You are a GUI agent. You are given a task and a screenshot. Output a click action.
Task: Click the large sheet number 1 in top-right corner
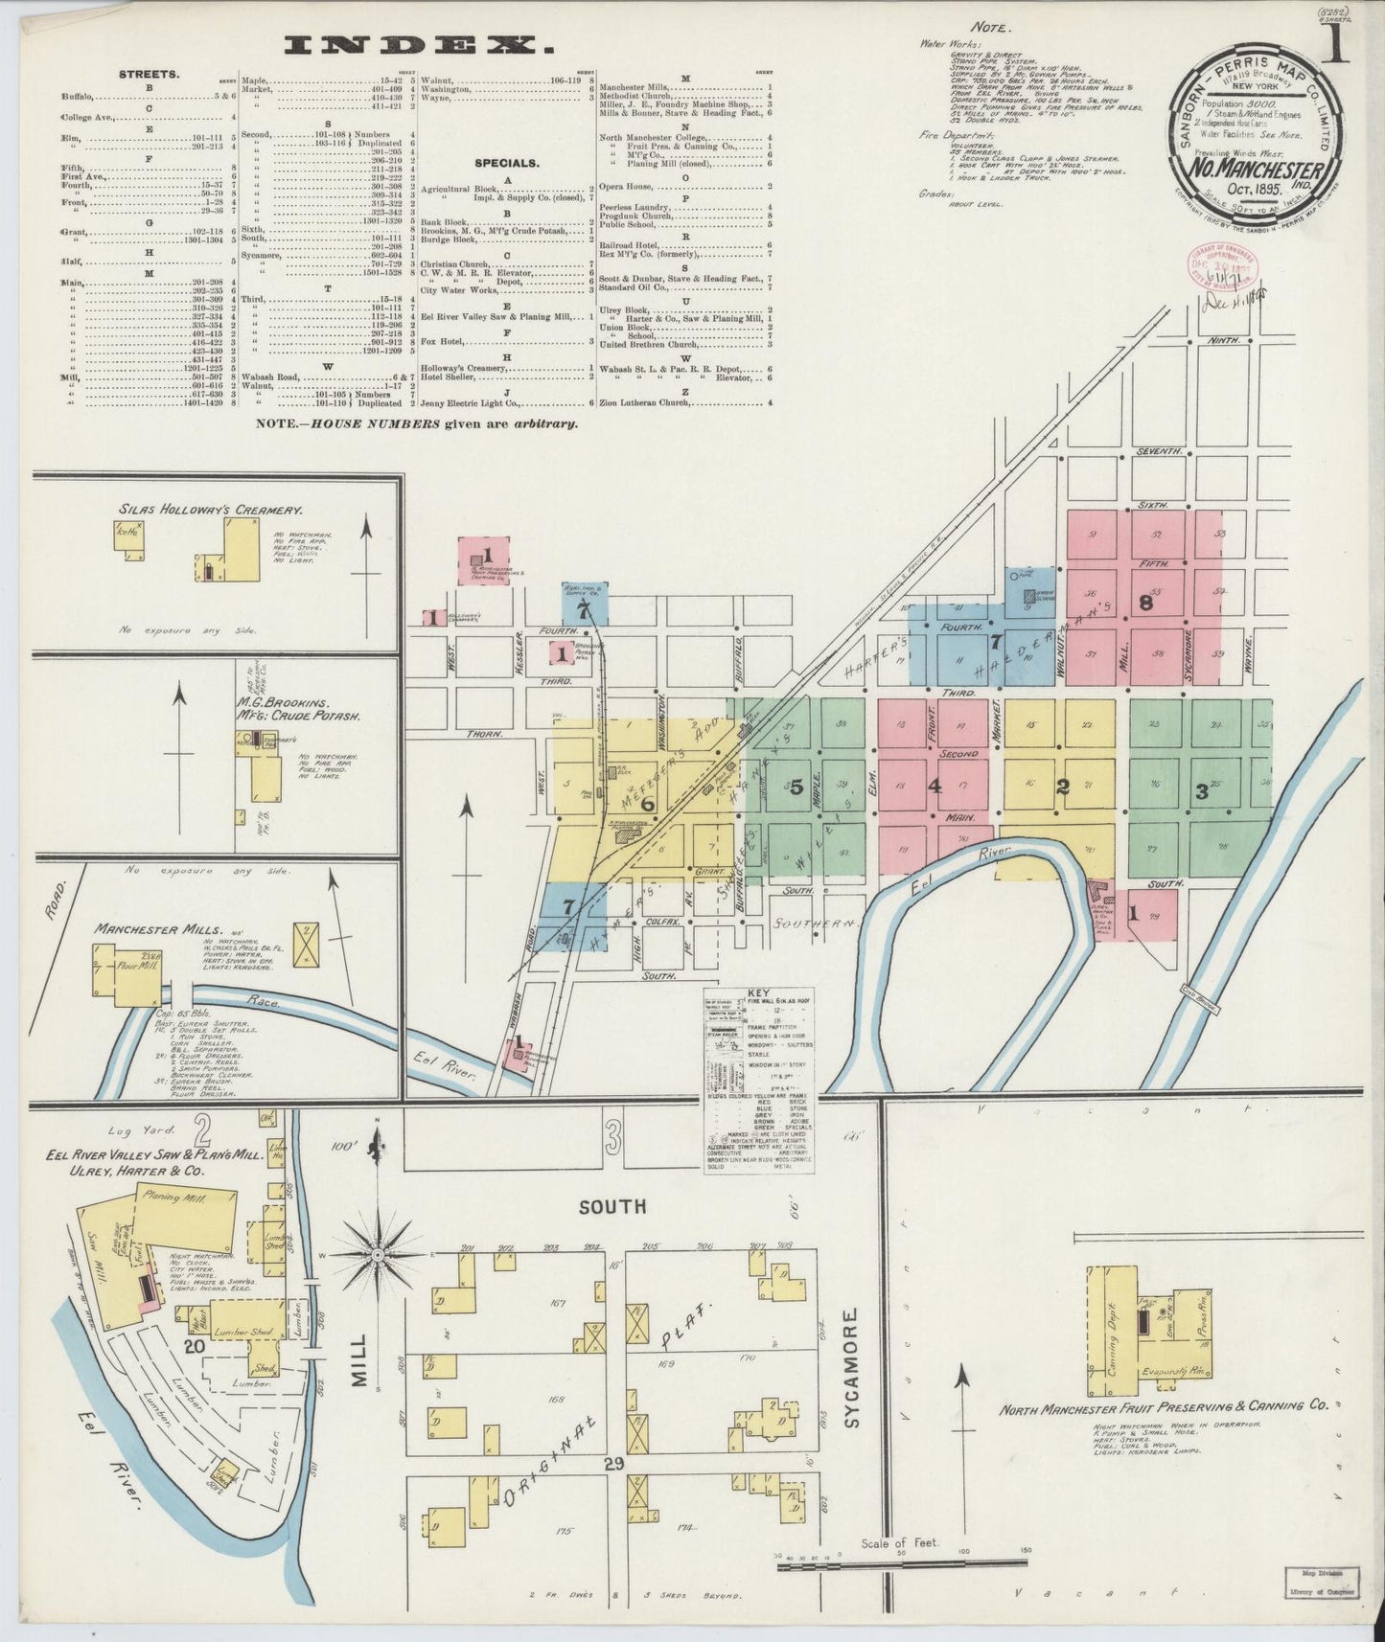[x=1337, y=43]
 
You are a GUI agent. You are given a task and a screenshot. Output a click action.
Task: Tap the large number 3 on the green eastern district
[x=1200, y=791]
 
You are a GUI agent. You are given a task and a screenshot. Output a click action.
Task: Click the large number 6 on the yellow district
[x=648, y=805]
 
